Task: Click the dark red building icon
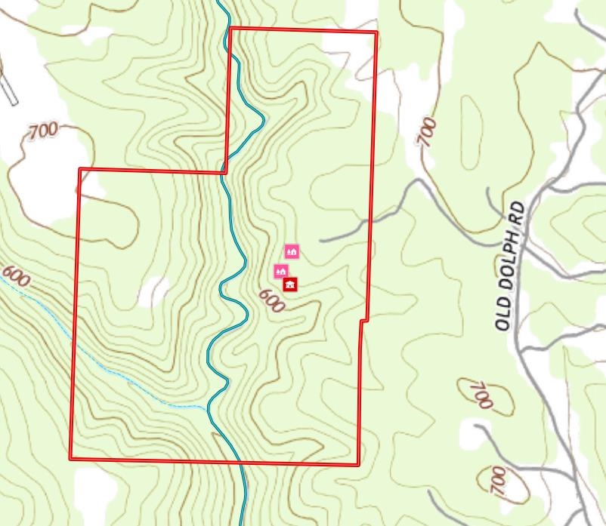(290, 285)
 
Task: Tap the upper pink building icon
(292, 252)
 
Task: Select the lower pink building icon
(281, 271)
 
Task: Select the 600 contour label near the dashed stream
(16, 277)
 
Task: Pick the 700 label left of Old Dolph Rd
(428, 131)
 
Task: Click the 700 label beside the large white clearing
(43, 131)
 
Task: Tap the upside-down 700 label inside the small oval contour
(481, 395)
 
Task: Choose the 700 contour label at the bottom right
(498, 481)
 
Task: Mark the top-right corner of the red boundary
(376, 32)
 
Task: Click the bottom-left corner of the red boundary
(71, 457)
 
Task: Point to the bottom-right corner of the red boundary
(358, 464)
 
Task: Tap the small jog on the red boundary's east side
(363, 321)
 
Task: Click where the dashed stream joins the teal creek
(208, 408)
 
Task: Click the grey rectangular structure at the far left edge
(8, 89)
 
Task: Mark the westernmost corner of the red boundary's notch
(80, 170)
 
